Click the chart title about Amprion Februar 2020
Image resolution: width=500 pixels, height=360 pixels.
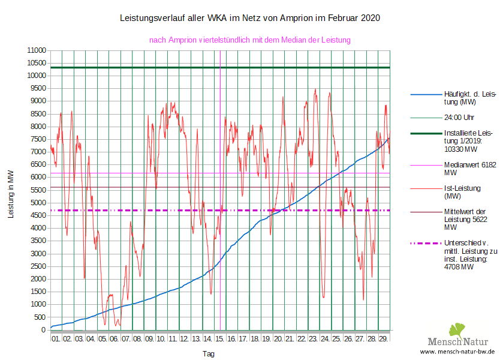(x=250, y=19)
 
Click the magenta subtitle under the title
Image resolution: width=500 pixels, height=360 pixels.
(x=249, y=40)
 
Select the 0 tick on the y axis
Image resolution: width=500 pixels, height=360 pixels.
(x=43, y=330)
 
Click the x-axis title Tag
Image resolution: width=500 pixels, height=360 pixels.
(x=208, y=354)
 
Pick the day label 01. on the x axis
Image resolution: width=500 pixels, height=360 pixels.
(x=56, y=339)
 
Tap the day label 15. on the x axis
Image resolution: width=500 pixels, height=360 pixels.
(x=220, y=339)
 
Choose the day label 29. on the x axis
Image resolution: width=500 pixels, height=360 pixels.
(x=384, y=339)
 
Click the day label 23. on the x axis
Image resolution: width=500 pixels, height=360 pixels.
(x=314, y=339)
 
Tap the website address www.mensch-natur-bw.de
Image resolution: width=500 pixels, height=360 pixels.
(x=457, y=352)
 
